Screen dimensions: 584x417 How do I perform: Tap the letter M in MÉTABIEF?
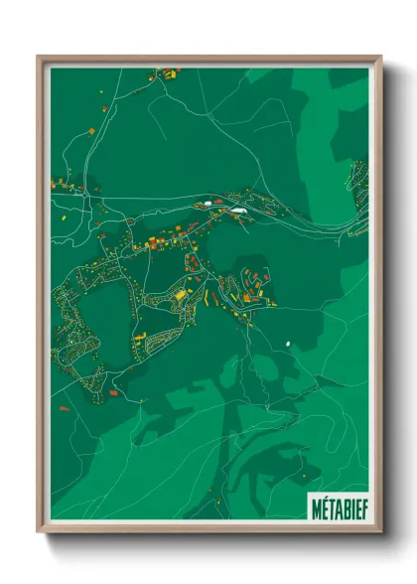315,506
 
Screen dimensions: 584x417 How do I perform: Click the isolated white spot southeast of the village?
288,344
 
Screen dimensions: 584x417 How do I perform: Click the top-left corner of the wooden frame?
39,57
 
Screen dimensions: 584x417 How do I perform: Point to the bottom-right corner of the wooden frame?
380,531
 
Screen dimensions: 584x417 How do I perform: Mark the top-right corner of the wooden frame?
380,57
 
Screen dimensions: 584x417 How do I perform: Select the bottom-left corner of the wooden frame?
39,531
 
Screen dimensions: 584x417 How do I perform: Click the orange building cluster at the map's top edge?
167,72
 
